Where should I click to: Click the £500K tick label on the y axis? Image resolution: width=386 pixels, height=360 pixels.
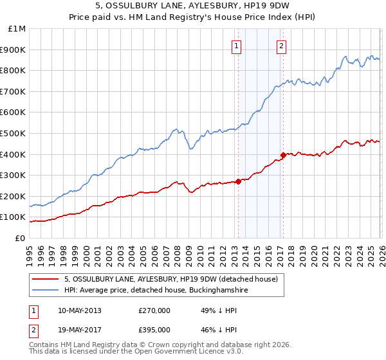coord(13,133)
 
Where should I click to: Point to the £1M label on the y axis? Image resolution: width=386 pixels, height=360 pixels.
coord(17,28)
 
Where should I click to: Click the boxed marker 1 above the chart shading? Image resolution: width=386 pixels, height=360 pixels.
coord(237,46)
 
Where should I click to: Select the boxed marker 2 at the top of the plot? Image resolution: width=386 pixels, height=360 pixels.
coord(282,46)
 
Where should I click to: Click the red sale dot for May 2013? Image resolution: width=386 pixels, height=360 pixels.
coord(238,181)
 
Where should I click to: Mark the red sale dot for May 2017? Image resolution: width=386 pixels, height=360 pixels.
coord(283,155)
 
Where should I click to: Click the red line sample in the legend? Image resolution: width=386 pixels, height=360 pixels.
coord(45,279)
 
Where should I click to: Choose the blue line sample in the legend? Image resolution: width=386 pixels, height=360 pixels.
coord(45,291)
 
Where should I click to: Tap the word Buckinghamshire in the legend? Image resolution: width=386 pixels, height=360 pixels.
coord(214,291)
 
